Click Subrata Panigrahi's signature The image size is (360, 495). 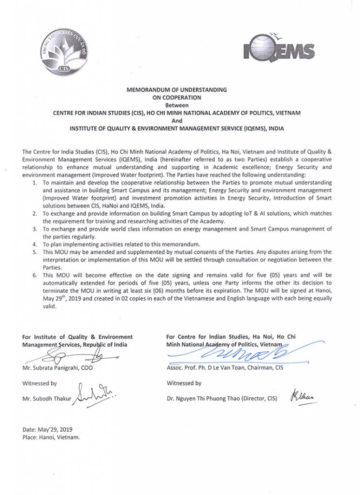(x=70, y=357)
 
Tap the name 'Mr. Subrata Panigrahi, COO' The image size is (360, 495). (x=58, y=368)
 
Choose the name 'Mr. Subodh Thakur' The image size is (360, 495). (x=45, y=398)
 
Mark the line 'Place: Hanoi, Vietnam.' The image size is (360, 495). (x=51, y=437)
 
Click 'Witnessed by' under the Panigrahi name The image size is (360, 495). (x=39, y=383)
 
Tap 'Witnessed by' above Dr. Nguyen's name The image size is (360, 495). (x=184, y=383)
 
